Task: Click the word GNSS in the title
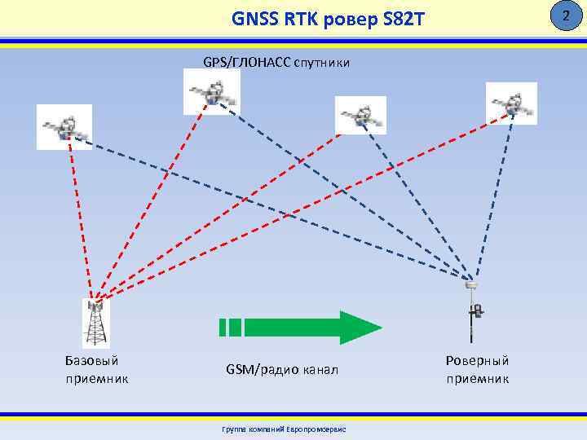coord(254,17)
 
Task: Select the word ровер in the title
coord(348,17)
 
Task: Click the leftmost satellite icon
coord(64,127)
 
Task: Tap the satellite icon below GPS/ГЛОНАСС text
coord(212,91)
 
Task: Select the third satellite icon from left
coord(360,115)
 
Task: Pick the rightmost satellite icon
coord(511,103)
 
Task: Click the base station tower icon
coord(96,323)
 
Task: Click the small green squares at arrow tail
coord(230,327)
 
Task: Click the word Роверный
coord(477,360)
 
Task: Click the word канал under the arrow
coord(317,370)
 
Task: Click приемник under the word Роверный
coord(477,379)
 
